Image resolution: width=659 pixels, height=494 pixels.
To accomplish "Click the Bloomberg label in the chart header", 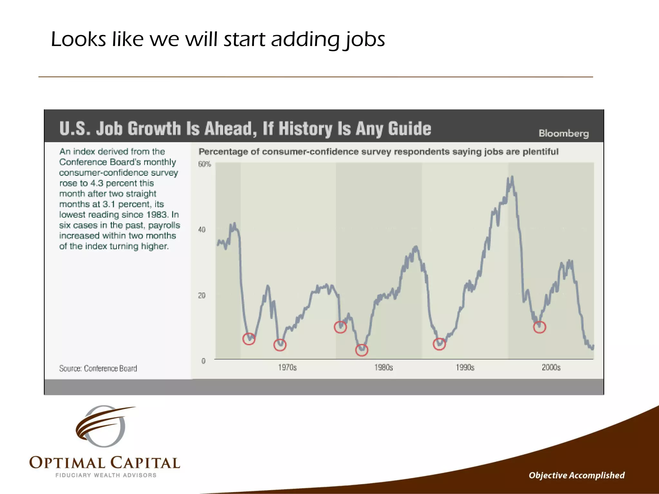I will click(x=564, y=133).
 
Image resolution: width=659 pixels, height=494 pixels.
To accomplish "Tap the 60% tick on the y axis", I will click(x=204, y=164).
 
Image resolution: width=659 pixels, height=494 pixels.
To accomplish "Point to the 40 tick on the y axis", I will click(x=202, y=230).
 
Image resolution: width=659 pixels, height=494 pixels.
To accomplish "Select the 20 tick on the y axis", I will click(x=202, y=295).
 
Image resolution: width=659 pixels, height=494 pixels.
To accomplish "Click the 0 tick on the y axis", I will click(x=203, y=361).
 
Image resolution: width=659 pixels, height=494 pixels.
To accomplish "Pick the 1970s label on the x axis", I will click(x=287, y=367).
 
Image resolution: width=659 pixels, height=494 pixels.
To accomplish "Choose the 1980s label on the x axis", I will click(x=384, y=367).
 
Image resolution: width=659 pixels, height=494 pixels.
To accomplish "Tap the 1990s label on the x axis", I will click(x=465, y=367).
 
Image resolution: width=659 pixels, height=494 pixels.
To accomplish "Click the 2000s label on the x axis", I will click(x=551, y=367).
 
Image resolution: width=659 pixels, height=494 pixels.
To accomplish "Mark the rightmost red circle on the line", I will click(x=540, y=327).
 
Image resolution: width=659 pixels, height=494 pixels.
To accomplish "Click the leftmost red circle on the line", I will click(x=249, y=339).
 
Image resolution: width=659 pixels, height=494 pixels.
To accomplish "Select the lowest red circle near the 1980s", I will click(x=362, y=350).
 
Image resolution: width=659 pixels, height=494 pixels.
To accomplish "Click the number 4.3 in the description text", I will click(x=97, y=183).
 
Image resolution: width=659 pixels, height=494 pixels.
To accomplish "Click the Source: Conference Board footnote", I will click(x=98, y=368).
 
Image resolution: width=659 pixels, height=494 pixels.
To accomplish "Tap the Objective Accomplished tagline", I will click(x=577, y=475).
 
